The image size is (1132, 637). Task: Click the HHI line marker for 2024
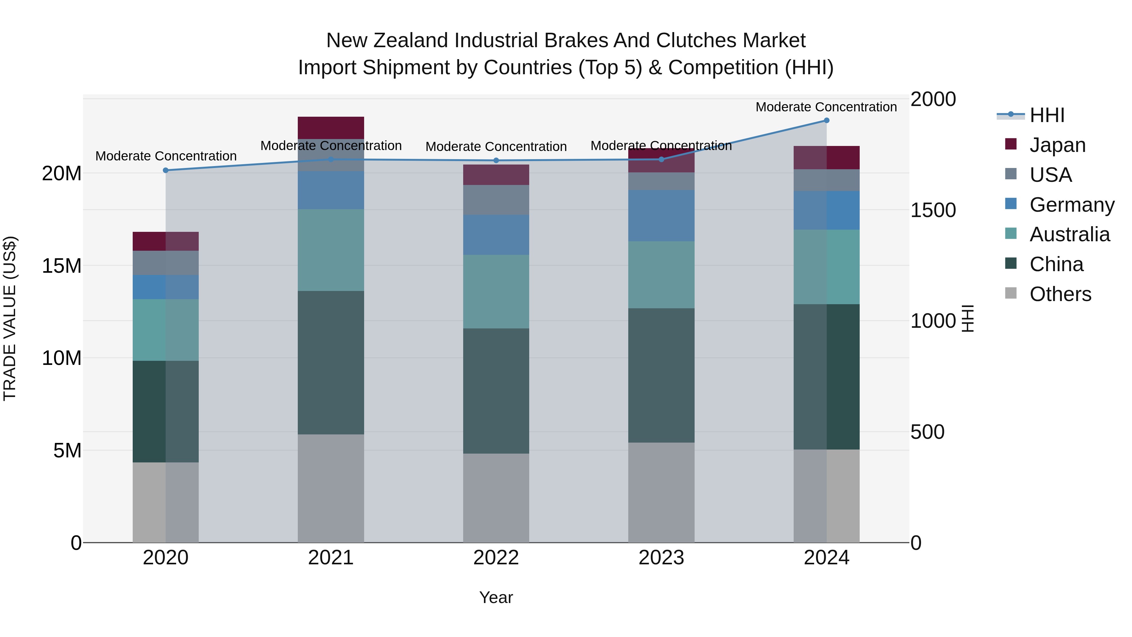pyautogui.click(x=826, y=120)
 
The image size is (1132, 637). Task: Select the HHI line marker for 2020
pyautogui.click(x=166, y=170)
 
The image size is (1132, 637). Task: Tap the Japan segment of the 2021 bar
pyautogui.click(x=331, y=127)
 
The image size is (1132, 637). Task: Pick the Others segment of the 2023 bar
pyautogui.click(x=661, y=492)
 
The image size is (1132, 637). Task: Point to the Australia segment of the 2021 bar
pyautogui.click(x=331, y=250)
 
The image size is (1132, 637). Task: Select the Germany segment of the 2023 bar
pyautogui.click(x=661, y=215)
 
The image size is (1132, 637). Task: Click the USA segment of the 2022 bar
pyautogui.click(x=496, y=200)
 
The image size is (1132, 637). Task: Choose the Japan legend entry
pyautogui.click(x=1057, y=145)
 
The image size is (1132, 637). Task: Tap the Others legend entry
pyautogui.click(x=1060, y=294)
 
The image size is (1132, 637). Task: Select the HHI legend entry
pyautogui.click(x=1047, y=115)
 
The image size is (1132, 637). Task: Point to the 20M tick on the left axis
pyautogui.click(x=62, y=174)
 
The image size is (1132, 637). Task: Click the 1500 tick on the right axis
pyautogui.click(x=933, y=210)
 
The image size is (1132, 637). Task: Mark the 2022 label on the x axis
pyautogui.click(x=496, y=558)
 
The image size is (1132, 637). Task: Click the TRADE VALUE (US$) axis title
pyautogui.click(x=10, y=318)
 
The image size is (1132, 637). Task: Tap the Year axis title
pyautogui.click(x=496, y=597)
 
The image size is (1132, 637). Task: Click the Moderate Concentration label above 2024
pyautogui.click(x=826, y=107)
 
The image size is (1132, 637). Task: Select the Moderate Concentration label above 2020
pyautogui.click(x=166, y=156)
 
